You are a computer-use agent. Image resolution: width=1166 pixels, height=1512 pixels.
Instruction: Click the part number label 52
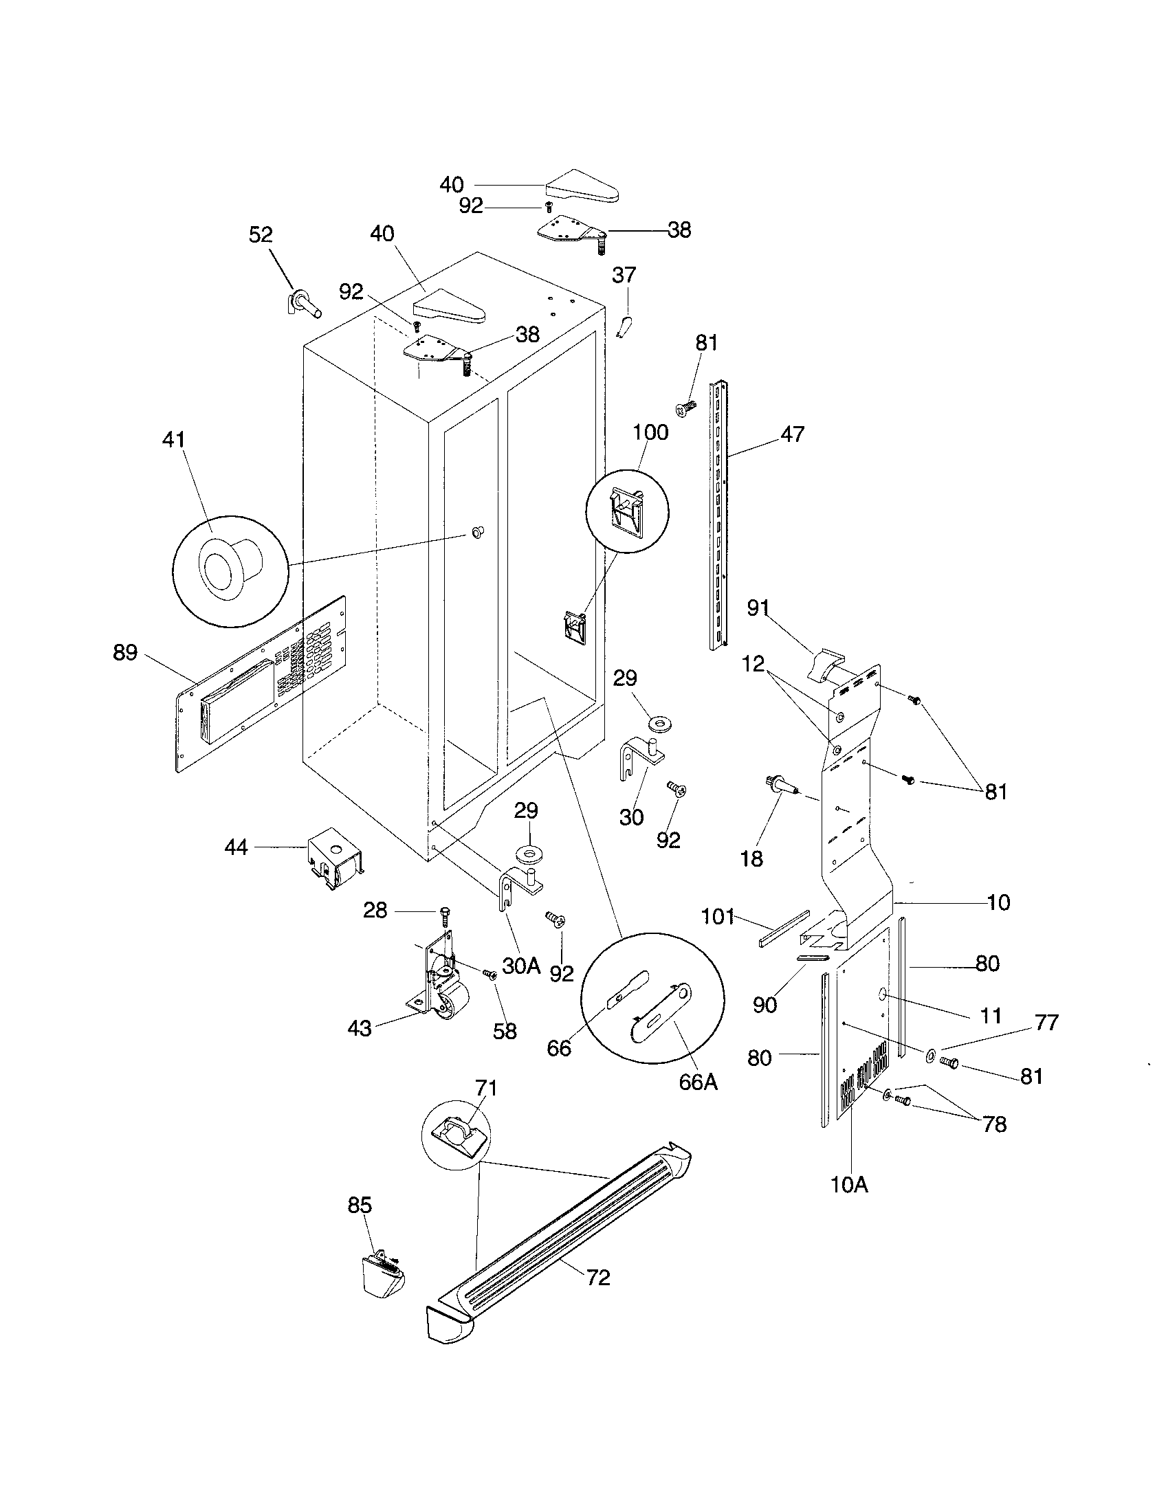click(261, 234)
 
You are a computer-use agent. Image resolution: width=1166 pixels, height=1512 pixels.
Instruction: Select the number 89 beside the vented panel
click(125, 652)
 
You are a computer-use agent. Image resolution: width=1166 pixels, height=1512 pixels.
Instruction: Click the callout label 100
click(650, 433)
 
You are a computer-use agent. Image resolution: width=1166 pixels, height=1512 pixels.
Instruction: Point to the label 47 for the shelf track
click(792, 434)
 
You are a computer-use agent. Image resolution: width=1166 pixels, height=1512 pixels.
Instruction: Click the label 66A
click(698, 1081)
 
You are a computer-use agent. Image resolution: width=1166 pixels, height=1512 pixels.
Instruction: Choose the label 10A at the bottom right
click(849, 1185)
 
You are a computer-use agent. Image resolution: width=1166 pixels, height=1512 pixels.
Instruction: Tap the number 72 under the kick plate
click(598, 1278)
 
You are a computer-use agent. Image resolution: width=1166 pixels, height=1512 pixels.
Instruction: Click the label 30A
click(520, 965)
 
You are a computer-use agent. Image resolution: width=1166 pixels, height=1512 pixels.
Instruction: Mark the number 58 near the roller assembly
click(505, 1031)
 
